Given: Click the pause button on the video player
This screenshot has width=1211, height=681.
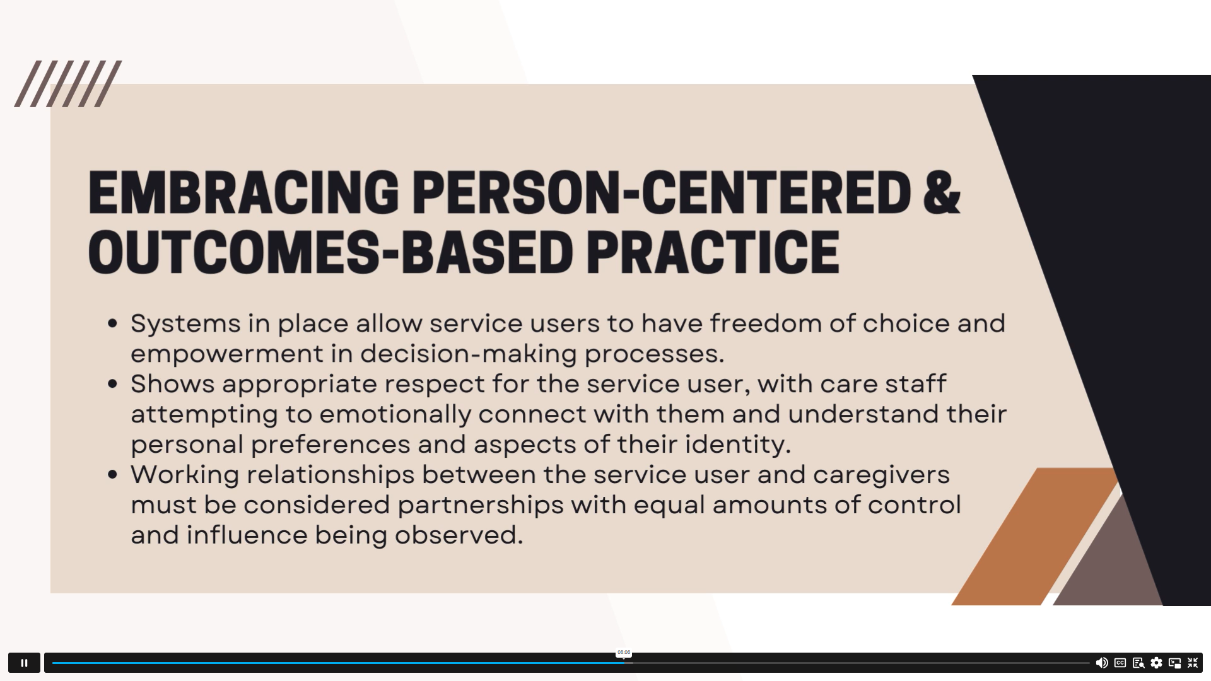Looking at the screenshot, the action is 24,663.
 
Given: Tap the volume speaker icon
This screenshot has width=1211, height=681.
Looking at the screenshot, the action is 1102,663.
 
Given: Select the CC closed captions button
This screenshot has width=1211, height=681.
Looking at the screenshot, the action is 1120,663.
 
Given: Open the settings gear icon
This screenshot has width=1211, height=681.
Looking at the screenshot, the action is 1156,663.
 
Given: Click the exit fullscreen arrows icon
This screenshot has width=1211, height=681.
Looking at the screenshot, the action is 1193,663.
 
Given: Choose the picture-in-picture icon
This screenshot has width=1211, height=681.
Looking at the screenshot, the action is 1174,663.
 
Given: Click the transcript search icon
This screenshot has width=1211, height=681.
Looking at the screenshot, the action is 1138,663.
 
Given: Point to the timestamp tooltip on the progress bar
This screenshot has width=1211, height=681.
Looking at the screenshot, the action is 624,653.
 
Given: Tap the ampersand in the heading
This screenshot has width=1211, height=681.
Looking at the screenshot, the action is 942,193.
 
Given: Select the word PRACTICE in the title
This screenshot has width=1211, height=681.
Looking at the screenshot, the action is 713,252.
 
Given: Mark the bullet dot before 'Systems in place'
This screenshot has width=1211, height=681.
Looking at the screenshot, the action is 113,323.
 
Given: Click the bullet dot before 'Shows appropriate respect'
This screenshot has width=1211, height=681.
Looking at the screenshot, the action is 113,384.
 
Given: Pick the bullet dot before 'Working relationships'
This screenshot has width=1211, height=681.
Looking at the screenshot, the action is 113,475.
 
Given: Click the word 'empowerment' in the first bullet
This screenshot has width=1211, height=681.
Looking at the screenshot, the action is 227,354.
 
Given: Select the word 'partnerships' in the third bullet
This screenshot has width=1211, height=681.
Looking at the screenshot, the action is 481,505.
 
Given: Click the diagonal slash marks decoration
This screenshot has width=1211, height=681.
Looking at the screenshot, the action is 68,84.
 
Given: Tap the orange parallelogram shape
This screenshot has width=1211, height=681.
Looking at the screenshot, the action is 1035,537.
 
